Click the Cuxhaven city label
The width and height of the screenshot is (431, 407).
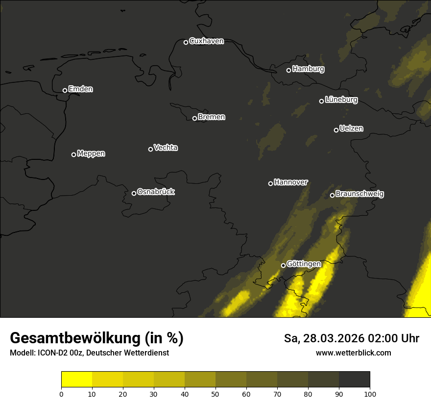[x=206, y=41]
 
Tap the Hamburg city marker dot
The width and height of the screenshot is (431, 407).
[x=288, y=70]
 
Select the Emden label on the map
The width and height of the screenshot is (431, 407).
[x=80, y=89]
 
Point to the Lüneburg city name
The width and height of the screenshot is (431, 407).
[x=341, y=100]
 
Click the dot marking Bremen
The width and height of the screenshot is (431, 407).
[x=194, y=118]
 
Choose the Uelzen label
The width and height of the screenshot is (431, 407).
[x=351, y=128]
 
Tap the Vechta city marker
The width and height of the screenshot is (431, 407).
[x=150, y=149]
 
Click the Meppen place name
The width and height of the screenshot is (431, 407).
[x=91, y=153]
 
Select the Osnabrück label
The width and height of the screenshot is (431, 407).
[x=156, y=192]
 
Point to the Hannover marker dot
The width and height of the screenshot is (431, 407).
[x=270, y=183]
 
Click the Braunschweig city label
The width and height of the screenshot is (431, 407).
[x=359, y=194]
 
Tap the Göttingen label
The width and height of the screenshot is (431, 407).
[x=304, y=264]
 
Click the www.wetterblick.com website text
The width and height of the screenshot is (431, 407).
[x=353, y=353]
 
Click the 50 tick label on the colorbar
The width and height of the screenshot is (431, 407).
[x=215, y=394]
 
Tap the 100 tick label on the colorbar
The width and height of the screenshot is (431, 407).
[x=370, y=394]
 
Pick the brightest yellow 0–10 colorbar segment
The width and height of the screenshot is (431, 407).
[x=77, y=380]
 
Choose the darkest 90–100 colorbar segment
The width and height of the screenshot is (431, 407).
[x=354, y=380]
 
